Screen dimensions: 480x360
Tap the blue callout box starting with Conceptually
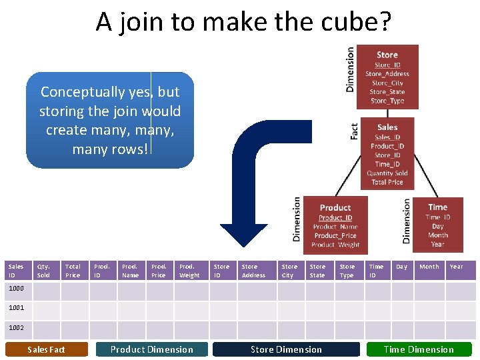[110, 120]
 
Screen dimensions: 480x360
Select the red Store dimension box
[387, 77]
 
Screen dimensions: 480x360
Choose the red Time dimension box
[437, 225]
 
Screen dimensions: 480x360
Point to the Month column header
[429, 267]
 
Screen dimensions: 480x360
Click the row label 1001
[16, 308]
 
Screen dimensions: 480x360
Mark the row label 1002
[16, 327]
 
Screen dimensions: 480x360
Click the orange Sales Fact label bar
[47, 349]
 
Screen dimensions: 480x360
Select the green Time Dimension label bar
[419, 349]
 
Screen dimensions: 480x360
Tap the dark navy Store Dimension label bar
[286, 349]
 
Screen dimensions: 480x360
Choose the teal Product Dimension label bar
[152, 349]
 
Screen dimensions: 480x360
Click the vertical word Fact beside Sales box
[354, 131]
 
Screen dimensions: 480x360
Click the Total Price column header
[74, 271]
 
